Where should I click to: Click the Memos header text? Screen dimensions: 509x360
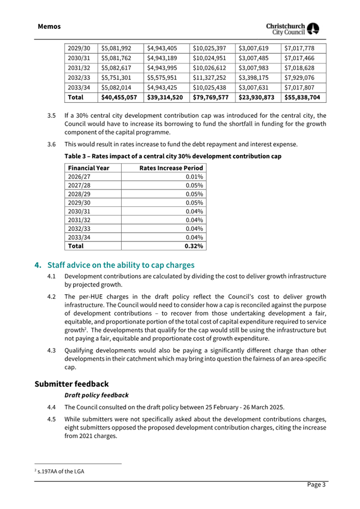click(x=49, y=26)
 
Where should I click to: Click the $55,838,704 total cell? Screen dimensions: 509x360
click(x=302, y=98)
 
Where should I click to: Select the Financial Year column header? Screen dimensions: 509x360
click(x=88, y=168)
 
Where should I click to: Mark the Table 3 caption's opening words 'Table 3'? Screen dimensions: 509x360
click(x=77, y=157)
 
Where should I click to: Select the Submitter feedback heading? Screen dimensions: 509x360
click(x=71, y=384)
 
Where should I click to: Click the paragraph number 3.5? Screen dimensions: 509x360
click(x=51, y=115)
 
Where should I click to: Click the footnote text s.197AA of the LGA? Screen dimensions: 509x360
click(x=61, y=472)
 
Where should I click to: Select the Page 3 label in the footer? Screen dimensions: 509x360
click(x=316, y=484)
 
